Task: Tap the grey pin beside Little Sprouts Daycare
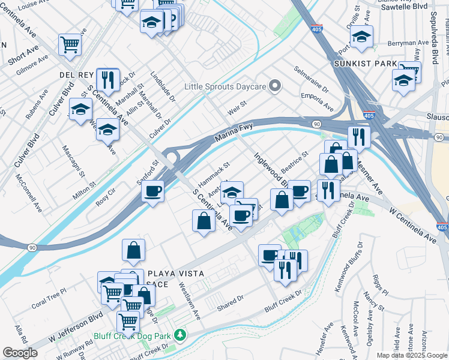pos(275,87)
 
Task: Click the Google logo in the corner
pos(20,353)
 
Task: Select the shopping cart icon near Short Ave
pos(70,44)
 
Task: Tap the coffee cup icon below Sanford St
pos(153,191)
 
